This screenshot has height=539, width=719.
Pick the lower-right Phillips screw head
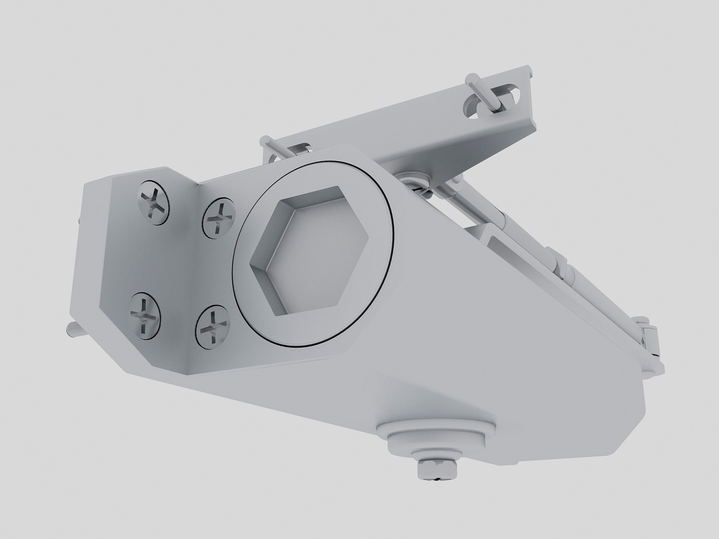click(213, 326)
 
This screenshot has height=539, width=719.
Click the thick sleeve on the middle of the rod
click(559, 260)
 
